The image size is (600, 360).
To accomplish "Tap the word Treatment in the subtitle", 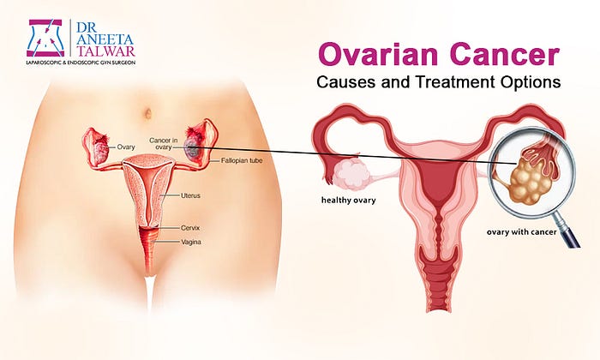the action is click(453, 81).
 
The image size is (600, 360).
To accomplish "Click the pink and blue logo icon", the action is click(46, 38).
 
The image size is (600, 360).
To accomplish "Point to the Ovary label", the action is click(126, 147).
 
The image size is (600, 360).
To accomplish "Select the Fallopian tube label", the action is click(242, 160).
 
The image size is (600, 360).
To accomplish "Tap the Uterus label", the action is click(190, 195).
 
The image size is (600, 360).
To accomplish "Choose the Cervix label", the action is click(190, 228).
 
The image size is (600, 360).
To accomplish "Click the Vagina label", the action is click(190, 242).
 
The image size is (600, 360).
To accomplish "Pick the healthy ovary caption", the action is click(349, 200).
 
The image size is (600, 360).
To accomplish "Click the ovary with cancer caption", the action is click(521, 231).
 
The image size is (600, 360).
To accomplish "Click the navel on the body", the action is click(147, 113).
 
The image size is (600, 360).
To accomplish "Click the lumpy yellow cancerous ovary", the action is click(531, 180).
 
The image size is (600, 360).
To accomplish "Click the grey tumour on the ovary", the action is click(190, 148).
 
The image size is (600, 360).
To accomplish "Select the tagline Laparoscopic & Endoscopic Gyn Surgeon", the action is click(81, 62).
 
